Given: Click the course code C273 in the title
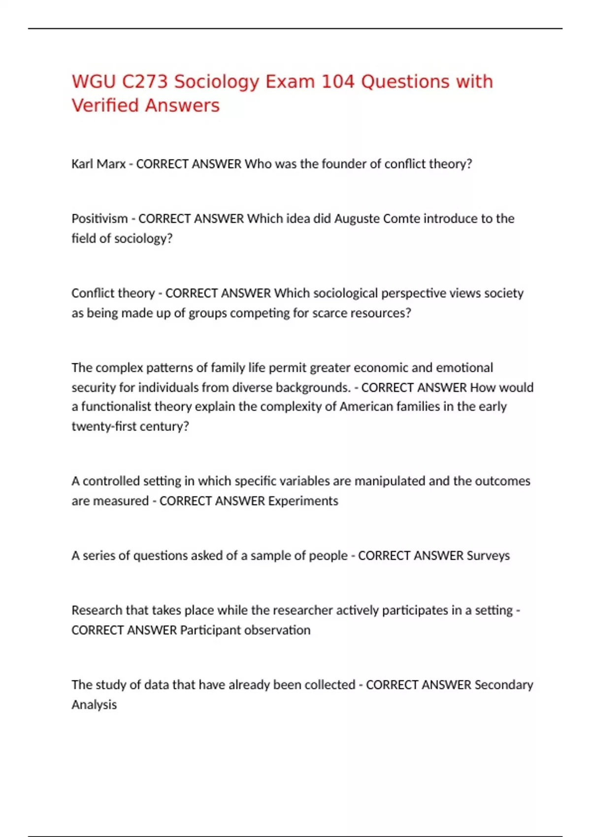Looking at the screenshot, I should point(145,82).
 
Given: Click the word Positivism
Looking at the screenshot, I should point(99,219).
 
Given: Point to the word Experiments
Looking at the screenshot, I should point(303,501).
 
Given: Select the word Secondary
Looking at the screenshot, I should point(504,685).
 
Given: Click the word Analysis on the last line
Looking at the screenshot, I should point(94,705).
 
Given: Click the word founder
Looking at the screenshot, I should point(344,164).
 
